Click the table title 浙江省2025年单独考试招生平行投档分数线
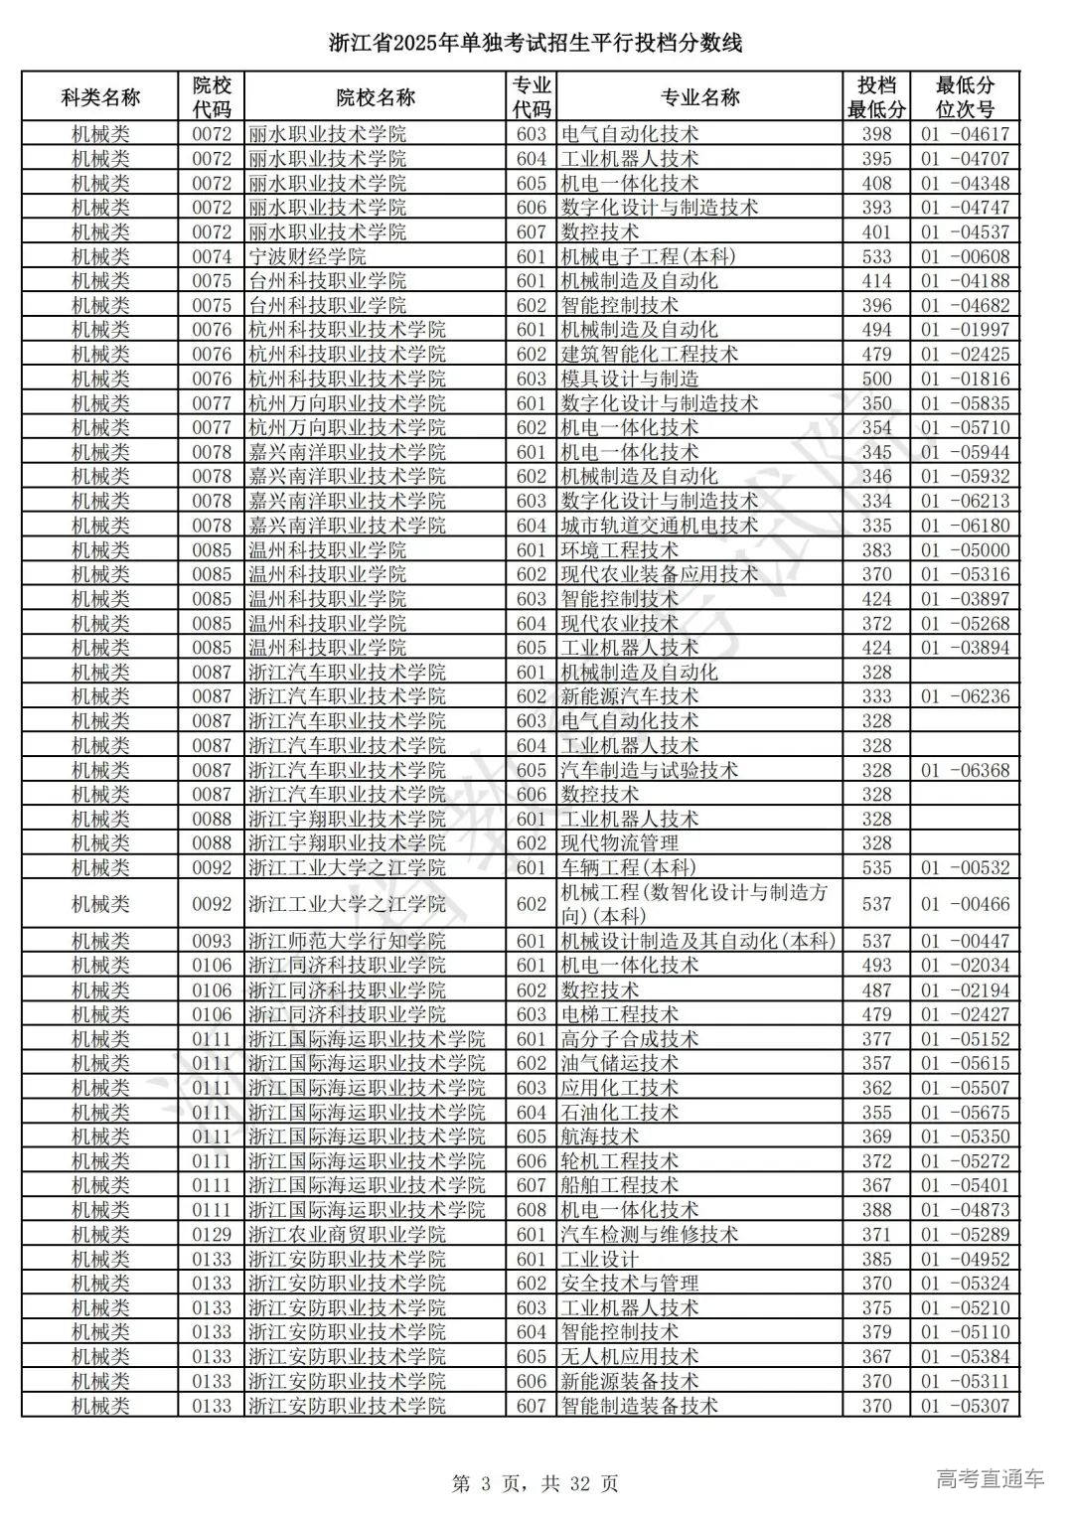coord(536,44)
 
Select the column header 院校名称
coord(376,97)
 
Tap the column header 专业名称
coord(699,97)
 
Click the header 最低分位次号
coord(964,97)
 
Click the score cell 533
coord(876,256)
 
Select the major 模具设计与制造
coord(630,379)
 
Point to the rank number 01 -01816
coord(964,379)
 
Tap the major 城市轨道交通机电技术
coord(660,526)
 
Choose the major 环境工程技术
coord(620,550)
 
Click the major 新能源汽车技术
coord(630,696)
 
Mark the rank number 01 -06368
coord(964,770)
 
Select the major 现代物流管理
coord(620,843)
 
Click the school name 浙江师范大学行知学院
coord(347,941)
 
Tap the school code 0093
coord(212,941)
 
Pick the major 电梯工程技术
coord(620,1014)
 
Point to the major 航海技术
coord(600,1137)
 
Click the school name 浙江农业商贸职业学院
coord(347,1235)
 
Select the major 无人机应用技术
coord(630,1357)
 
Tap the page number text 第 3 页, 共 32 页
coord(536,1483)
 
